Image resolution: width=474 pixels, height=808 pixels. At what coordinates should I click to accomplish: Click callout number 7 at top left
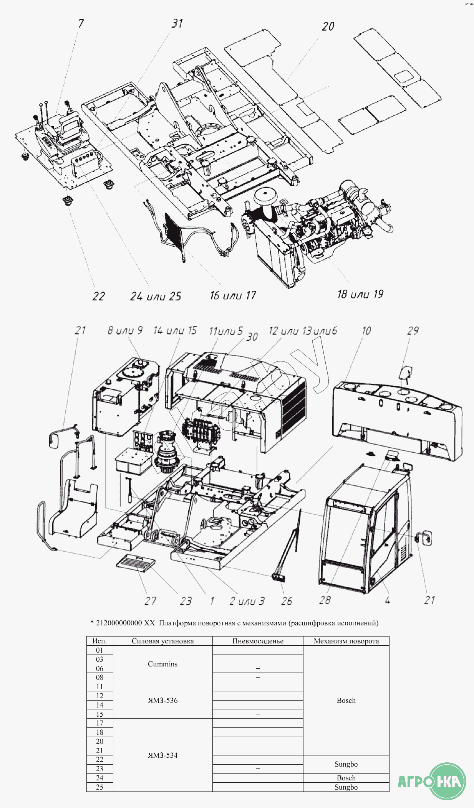[81, 24]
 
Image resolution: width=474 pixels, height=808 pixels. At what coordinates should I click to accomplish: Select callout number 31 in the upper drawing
[177, 23]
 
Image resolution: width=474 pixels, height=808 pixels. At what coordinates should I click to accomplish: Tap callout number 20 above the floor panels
[328, 26]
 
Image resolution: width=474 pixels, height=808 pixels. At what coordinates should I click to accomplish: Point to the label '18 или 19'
[360, 294]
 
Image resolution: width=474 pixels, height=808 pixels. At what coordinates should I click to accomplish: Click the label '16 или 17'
[233, 295]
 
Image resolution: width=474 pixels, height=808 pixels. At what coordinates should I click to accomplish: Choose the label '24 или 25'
[156, 296]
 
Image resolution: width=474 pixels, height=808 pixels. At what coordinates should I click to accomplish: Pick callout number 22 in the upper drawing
[99, 296]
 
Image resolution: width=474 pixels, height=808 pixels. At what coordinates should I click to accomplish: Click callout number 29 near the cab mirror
[413, 331]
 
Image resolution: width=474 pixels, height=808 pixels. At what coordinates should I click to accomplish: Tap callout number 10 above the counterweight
[366, 331]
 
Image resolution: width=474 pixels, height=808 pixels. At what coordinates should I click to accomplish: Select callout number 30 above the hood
[252, 337]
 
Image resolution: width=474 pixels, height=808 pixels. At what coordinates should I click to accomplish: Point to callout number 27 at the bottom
[151, 601]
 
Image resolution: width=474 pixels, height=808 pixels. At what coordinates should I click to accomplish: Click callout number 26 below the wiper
[287, 601]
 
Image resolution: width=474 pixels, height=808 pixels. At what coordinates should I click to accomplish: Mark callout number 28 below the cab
[325, 600]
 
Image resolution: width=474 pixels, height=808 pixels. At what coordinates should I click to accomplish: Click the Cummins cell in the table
[162, 664]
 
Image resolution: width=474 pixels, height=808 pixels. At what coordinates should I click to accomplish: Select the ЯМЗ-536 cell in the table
[162, 700]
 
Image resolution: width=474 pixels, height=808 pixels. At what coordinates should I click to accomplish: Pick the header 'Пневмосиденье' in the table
[258, 641]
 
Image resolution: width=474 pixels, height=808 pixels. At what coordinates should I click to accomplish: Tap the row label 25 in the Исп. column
[99, 787]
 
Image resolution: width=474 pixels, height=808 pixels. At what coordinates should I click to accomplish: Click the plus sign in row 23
[258, 768]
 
